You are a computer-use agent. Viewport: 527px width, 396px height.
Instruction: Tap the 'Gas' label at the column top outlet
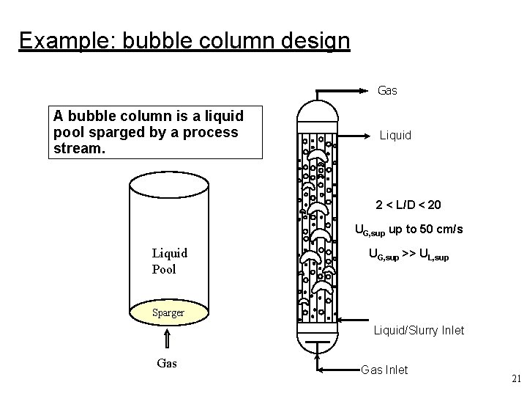pyautogui.click(x=387, y=91)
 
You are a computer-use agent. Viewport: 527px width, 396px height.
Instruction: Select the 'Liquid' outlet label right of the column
pyautogui.click(x=395, y=136)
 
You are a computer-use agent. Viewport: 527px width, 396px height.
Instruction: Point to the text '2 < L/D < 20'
pyautogui.click(x=408, y=204)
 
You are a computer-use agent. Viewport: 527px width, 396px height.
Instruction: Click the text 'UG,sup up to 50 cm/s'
pyautogui.click(x=408, y=230)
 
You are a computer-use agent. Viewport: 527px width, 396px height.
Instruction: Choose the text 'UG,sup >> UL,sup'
pyautogui.click(x=408, y=256)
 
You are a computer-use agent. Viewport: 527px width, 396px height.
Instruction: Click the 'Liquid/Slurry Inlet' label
pyautogui.click(x=419, y=330)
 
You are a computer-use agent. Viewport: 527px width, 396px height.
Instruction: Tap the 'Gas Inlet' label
pyautogui.click(x=384, y=370)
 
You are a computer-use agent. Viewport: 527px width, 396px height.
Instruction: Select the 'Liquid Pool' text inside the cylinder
pyautogui.click(x=170, y=260)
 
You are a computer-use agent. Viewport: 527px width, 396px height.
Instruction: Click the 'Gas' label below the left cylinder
pyautogui.click(x=167, y=363)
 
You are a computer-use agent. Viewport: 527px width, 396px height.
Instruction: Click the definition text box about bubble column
pyautogui.click(x=155, y=133)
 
